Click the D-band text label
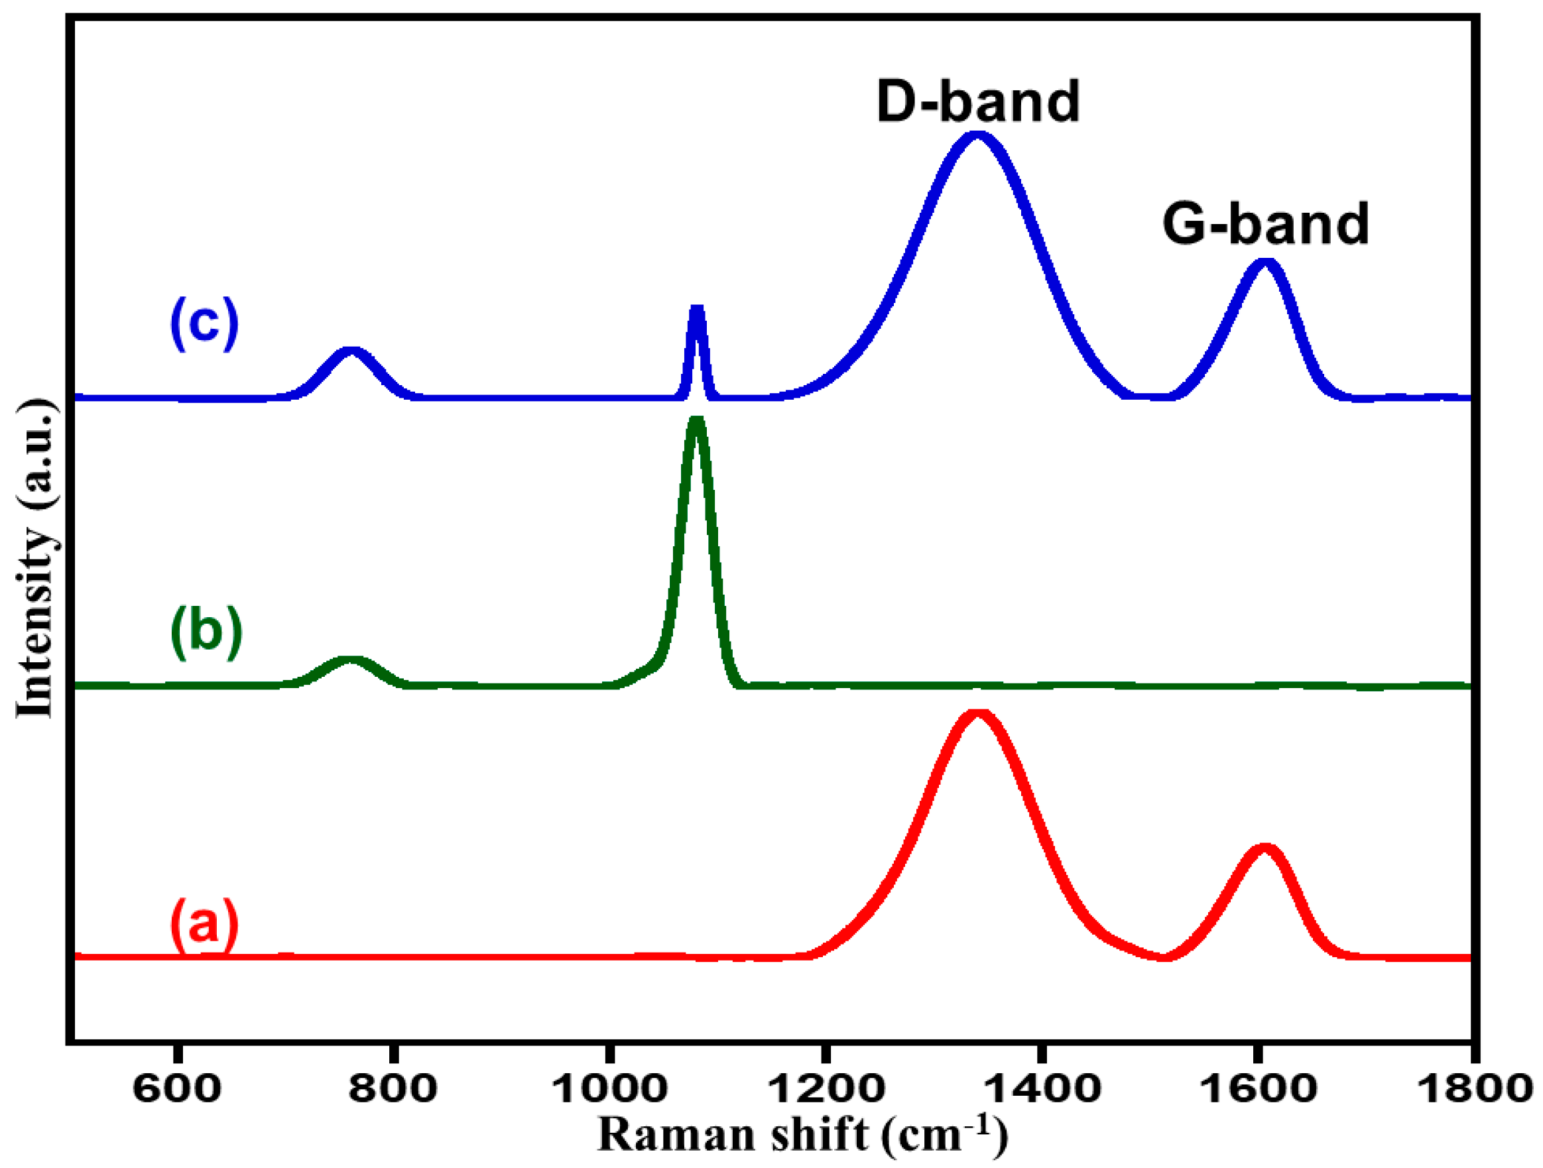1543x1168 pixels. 977,103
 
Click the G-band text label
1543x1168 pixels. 1265,225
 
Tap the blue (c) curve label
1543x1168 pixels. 204,323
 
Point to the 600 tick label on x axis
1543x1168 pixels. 177,1088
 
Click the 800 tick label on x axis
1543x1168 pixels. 393,1088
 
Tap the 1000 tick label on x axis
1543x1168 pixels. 609,1088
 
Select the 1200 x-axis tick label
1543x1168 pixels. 826,1088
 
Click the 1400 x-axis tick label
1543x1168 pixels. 1042,1088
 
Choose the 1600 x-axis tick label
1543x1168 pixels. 1258,1088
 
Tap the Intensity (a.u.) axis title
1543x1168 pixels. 35,558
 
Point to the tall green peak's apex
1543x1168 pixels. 696,421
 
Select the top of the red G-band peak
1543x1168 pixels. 1264,850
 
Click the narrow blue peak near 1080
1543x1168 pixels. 696,309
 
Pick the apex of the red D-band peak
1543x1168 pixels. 977,715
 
